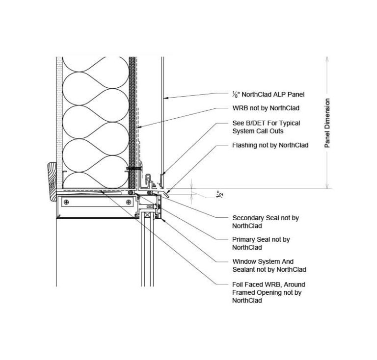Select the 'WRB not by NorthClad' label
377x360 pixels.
(x=266, y=108)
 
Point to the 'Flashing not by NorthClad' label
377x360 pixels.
(x=270, y=145)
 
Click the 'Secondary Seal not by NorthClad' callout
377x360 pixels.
(x=265, y=222)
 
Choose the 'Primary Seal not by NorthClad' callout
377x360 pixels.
(x=261, y=243)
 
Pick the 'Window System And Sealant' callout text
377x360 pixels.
(x=269, y=265)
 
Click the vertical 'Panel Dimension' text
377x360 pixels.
(x=327, y=123)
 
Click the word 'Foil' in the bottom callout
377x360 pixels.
(x=238, y=284)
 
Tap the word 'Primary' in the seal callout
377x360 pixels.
(x=244, y=239)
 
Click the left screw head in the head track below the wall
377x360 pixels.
(x=66, y=202)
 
